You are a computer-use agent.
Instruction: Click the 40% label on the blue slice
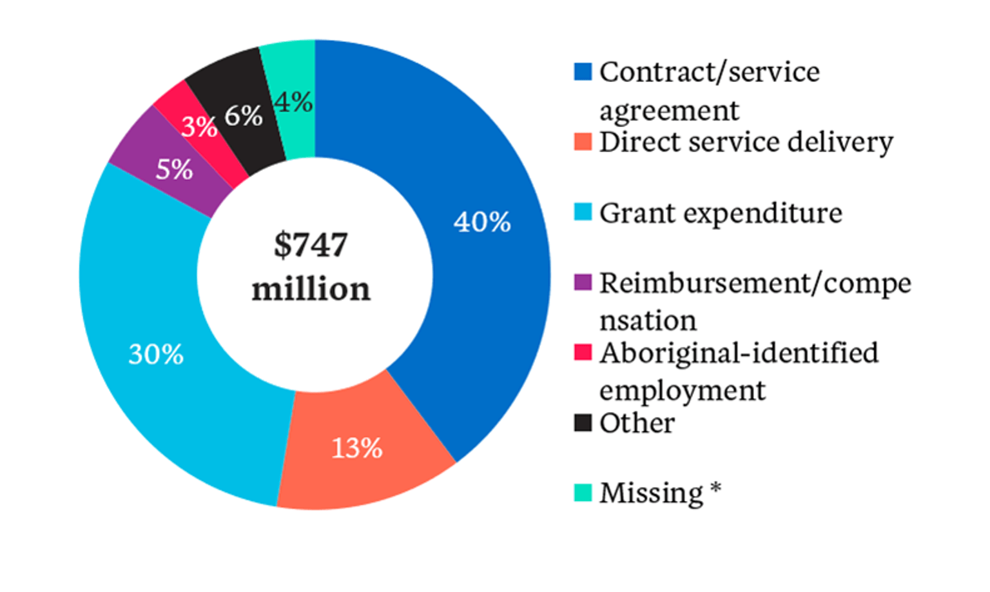click(482, 222)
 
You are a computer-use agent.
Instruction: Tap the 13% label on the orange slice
click(356, 448)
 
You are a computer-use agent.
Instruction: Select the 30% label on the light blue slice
click(156, 354)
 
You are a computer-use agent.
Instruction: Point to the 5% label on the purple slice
click(174, 170)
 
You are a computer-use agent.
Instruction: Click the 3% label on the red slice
click(199, 127)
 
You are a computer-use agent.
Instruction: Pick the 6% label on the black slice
click(243, 116)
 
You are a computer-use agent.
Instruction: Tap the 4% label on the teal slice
click(293, 102)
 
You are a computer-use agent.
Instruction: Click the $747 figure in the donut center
click(311, 245)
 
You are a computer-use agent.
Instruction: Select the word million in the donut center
click(311, 289)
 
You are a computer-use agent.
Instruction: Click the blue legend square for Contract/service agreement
click(583, 72)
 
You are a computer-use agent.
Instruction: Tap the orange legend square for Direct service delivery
click(583, 142)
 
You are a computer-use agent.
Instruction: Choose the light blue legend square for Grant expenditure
click(583, 212)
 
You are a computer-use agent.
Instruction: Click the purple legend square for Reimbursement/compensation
click(583, 282)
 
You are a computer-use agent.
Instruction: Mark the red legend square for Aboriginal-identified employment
click(583, 353)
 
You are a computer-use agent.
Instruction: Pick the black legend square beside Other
click(583, 423)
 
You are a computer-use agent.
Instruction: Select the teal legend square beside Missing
click(583, 493)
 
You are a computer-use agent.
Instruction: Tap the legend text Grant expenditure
click(721, 213)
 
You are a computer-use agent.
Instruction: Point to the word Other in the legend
click(637, 424)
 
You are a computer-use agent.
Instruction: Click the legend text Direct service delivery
click(746, 143)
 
